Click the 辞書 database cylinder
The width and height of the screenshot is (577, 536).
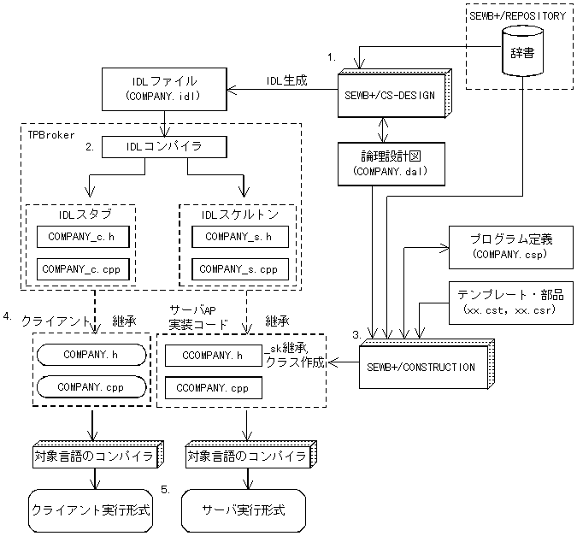pos(522,51)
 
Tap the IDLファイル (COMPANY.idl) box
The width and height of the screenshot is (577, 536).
pos(164,89)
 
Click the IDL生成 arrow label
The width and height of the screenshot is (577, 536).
pos(286,80)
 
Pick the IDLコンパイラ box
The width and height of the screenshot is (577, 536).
pos(164,147)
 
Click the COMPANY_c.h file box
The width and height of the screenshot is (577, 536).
pos(83,237)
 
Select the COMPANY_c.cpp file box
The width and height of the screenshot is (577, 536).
pos(83,269)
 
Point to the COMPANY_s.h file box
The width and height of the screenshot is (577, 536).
pos(240,237)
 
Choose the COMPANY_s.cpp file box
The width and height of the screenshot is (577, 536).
pos(240,269)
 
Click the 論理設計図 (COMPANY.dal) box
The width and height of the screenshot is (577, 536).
pos(392,164)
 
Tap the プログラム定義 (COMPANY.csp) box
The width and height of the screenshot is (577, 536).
pos(511,247)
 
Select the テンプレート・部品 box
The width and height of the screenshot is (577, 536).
pos(511,303)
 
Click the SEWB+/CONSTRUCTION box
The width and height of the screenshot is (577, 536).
pos(427,364)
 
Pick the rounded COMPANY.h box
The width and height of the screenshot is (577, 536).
pos(91,355)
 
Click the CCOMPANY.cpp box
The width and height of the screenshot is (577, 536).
pos(214,387)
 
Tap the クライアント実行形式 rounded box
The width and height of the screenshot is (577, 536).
pos(91,510)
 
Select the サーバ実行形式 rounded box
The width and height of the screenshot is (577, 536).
pos(244,510)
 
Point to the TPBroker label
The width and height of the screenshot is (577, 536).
pos(51,135)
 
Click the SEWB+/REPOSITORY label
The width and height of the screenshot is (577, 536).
pos(518,16)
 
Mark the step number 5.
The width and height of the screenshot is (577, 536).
pos(166,490)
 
